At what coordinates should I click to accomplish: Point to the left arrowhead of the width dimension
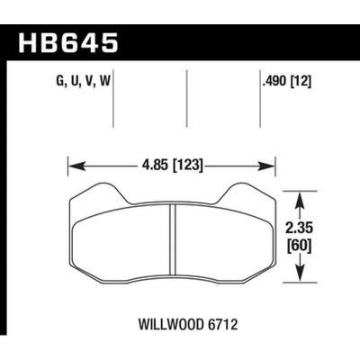75,166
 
